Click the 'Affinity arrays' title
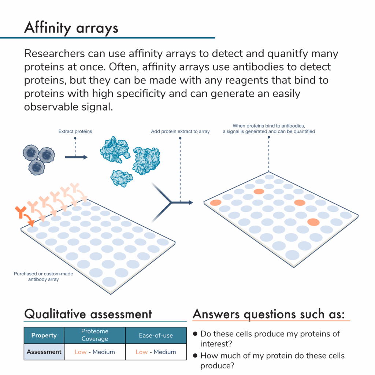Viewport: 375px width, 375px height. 71,27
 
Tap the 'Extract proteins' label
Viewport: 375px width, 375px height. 75,131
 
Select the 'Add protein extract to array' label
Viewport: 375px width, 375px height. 180,131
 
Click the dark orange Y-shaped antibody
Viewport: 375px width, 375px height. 21,211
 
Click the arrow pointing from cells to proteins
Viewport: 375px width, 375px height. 76,157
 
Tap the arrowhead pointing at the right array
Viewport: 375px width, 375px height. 190,202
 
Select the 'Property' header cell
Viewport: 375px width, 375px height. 44,335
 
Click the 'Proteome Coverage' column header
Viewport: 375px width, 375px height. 94,335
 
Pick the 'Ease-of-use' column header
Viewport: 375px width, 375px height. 156,335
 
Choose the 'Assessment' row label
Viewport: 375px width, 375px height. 44,352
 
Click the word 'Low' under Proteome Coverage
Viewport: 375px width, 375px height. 81,352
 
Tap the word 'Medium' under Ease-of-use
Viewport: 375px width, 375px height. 165,352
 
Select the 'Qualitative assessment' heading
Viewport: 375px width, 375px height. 88,314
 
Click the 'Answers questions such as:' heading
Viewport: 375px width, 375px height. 271,314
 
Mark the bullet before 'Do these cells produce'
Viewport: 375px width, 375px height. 196,334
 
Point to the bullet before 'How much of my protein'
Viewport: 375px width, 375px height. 196,356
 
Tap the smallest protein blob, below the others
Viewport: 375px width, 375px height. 122,178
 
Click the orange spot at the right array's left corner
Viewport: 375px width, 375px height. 215,202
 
